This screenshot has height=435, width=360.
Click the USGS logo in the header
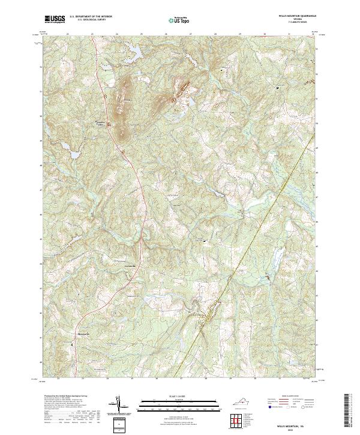tap(55, 19)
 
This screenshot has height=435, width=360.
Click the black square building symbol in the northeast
tap(277, 88)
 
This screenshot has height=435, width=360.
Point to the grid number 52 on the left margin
tap(41, 67)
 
